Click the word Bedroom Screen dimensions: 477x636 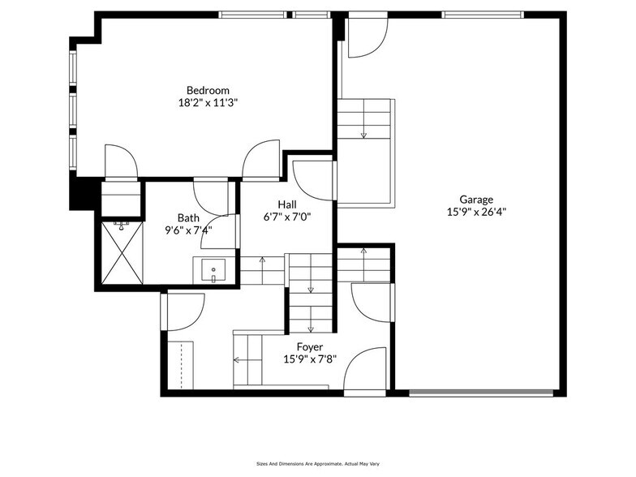coord(208,90)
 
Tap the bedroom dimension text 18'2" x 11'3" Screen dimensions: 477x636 coord(208,103)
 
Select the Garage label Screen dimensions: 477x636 coord(476,199)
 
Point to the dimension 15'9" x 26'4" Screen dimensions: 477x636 coord(476,212)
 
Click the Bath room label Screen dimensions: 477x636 coord(188,217)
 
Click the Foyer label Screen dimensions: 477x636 coord(309,346)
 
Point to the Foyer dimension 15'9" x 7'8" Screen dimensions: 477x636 coord(309,359)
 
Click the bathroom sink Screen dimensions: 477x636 coord(213,270)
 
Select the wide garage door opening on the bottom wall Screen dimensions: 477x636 coord(482,394)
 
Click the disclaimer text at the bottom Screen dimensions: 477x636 coord(317,463)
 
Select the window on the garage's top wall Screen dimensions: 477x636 coord(482,15)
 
